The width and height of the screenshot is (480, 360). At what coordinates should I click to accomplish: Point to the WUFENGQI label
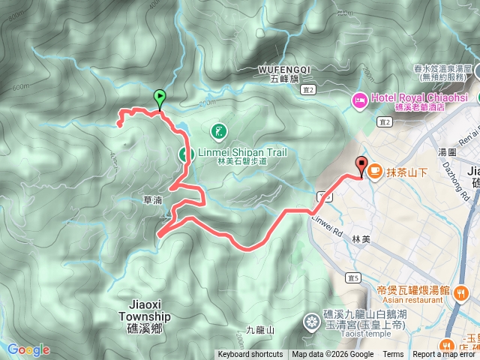[283, 68]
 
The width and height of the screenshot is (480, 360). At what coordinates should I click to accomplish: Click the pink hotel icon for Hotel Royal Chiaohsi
[359, 97]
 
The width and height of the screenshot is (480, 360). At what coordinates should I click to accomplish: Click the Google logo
[28, 349]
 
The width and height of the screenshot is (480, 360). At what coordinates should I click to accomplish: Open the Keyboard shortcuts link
[250, 355]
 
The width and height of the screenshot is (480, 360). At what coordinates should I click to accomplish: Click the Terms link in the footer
[393, 355]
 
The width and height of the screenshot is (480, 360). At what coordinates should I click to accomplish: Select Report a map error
[445, 355]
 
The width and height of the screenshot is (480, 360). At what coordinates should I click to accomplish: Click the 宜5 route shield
[353, 278]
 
